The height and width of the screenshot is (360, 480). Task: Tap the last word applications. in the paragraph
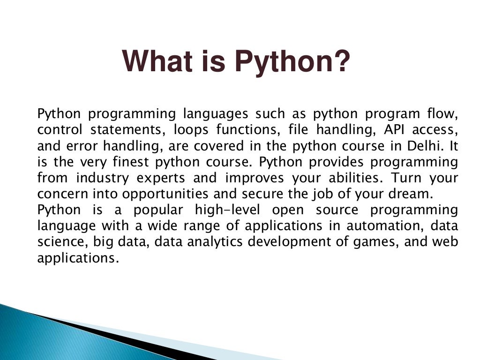76,258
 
